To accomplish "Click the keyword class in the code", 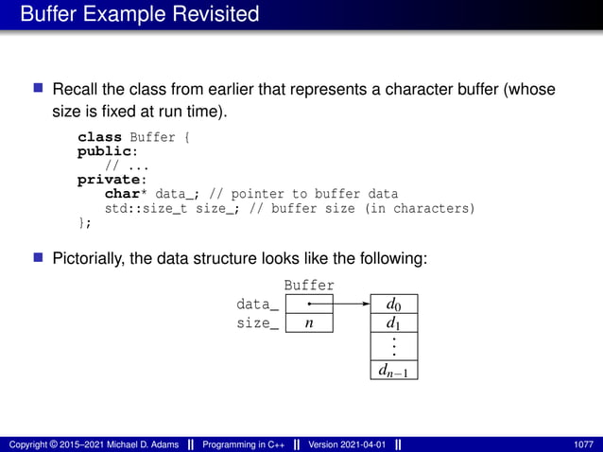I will click(99, 138).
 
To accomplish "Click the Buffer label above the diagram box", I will click(309, 285).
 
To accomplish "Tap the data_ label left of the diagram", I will click(257, 304).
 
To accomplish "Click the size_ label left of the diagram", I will click(257, 323).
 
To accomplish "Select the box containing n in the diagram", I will click(309, 323).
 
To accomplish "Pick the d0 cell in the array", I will click(392, 304).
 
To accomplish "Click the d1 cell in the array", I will click(392, 323).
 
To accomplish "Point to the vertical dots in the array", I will click(392, 347).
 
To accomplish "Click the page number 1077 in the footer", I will click(583, 444).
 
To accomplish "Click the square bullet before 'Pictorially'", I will click(39, 255).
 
